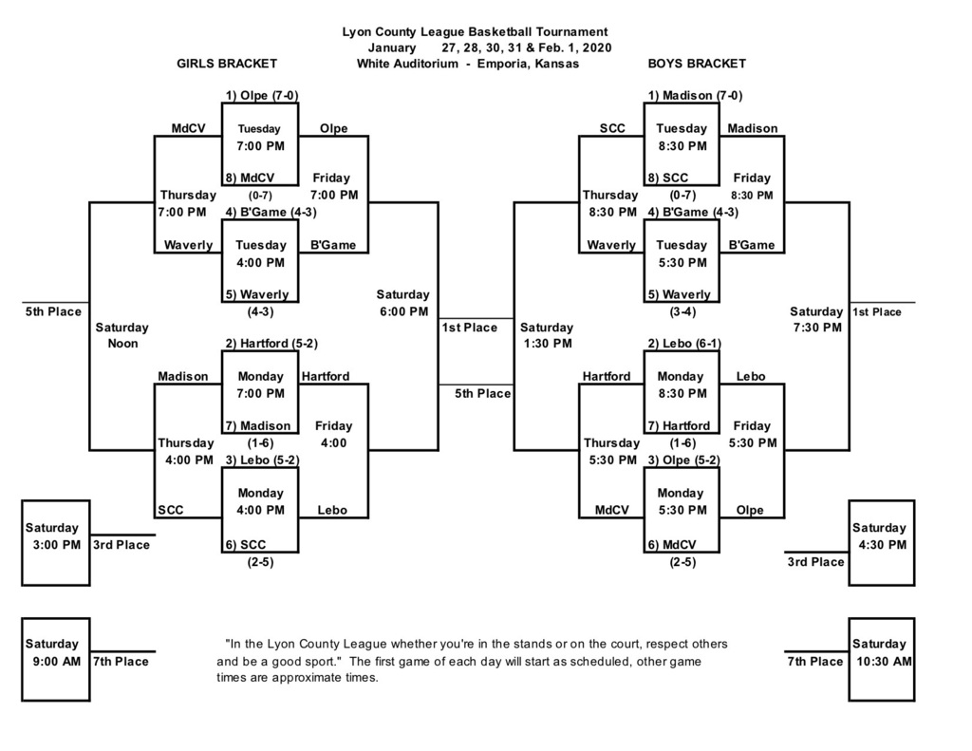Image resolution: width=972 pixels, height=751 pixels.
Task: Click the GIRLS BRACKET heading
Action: click(x=227, y=64)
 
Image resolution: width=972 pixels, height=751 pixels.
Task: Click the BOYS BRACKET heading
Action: click(x=697, y=64)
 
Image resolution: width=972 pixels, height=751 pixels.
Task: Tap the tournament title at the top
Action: click(x=475, y=32)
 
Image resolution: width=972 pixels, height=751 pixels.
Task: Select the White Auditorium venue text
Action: click(x=468, y=64)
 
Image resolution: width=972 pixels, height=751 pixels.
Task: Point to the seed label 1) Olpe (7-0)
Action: click(x=261, y=95)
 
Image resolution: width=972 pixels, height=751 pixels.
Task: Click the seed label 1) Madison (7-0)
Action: click(x=695, y=95)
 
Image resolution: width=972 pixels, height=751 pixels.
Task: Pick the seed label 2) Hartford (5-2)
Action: click(x=271, y=343)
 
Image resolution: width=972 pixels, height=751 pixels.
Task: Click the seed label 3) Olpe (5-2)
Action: click(x=683, y=460)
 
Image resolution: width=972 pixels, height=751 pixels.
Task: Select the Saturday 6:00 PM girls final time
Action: click(x=402, y=303)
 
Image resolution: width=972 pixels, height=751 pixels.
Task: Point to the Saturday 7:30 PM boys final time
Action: click(x=816, y=319)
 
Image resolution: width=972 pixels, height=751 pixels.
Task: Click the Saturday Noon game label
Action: click(x=121, y=335)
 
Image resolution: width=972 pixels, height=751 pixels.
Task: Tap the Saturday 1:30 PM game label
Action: click(x=547, y=335)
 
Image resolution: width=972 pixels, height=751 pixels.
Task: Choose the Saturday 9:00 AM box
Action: click(x=56, y=659)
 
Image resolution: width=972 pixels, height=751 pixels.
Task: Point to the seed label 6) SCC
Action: click(x=245, y=544)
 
